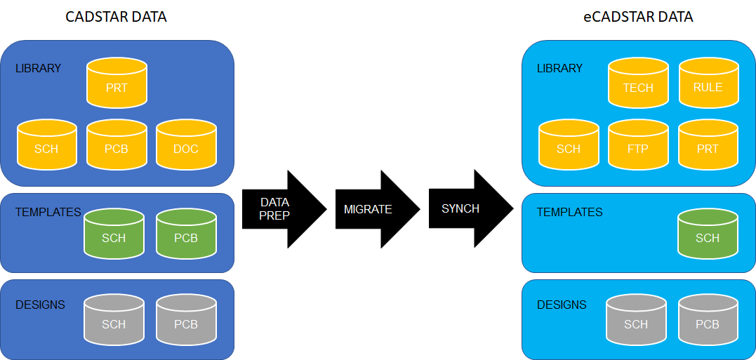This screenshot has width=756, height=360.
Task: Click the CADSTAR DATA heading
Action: (x=117, y=17)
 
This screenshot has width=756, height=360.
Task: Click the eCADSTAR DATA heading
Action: (x=638, y=17)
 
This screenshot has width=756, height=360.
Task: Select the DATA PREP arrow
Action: (x=284, y=209)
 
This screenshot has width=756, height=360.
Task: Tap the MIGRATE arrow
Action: (x=378, y=209)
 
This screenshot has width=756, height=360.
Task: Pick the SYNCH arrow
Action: (x=471, y=208)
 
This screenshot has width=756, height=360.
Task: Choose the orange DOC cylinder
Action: (x=186, y=145)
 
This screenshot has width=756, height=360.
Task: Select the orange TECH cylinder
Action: (x=638, y=83)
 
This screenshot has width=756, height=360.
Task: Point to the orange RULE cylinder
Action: (x=708, y=82)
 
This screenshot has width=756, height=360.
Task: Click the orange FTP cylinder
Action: (x=638, y=145)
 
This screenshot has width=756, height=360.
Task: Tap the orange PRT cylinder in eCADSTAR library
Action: (x=708, y=145)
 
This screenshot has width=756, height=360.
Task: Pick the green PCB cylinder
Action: (x=186, y=233)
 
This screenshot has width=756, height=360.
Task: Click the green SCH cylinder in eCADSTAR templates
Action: (x=708, y=233)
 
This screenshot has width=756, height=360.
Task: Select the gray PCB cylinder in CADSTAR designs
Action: (x=186, y=320)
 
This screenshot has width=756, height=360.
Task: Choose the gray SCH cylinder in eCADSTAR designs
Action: (x=636, y=320)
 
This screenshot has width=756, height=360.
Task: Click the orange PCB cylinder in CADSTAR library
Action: (x=117, y=145)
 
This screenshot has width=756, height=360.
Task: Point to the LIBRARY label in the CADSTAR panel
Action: (x=39, y=69)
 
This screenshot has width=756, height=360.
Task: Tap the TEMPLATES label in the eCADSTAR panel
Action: (x=570, y=212)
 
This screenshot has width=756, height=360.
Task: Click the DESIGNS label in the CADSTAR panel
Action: (x=41, y=305)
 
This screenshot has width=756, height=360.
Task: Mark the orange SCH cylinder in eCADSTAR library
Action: (x=569, y=145)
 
